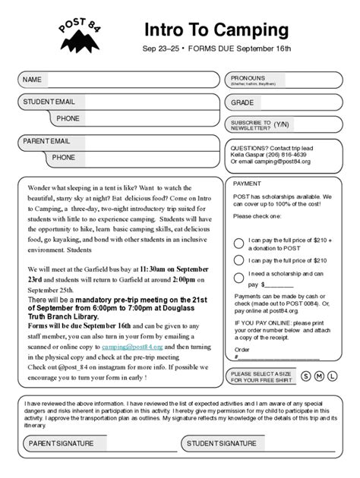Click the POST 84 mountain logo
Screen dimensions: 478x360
tap(79, 36)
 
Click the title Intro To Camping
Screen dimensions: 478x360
tap(216, 30)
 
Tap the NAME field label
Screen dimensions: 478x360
tap(32, 80)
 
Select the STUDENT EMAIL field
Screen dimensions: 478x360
tap(137, 102)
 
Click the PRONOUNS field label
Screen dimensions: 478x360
tap(249, 78)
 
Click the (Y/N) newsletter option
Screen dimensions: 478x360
tap(282, 124)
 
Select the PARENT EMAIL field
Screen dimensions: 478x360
tap(137, 141)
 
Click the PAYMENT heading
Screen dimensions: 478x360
tap(247, 184)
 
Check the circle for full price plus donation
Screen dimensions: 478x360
tap(238, 244)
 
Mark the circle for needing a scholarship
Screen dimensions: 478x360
tap(238, 278)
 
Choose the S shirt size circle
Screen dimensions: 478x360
tap(306, 376)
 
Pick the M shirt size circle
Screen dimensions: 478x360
tap(320, 376)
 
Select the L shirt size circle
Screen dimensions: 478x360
tap(333, 376)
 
